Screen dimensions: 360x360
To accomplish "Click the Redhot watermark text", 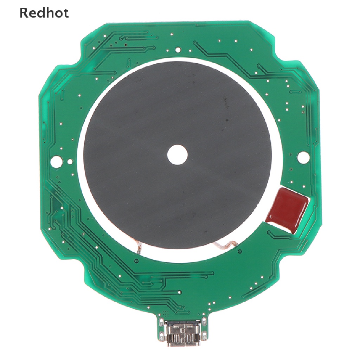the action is coord(44,13).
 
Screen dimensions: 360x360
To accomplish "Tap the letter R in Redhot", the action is coord(24,13).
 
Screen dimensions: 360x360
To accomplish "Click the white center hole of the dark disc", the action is coord(177,155).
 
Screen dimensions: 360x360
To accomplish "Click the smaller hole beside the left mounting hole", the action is coord(69,162).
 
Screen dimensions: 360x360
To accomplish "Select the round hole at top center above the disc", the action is coord(178,50).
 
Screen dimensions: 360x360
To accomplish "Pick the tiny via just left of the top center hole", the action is coord(168,51).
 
